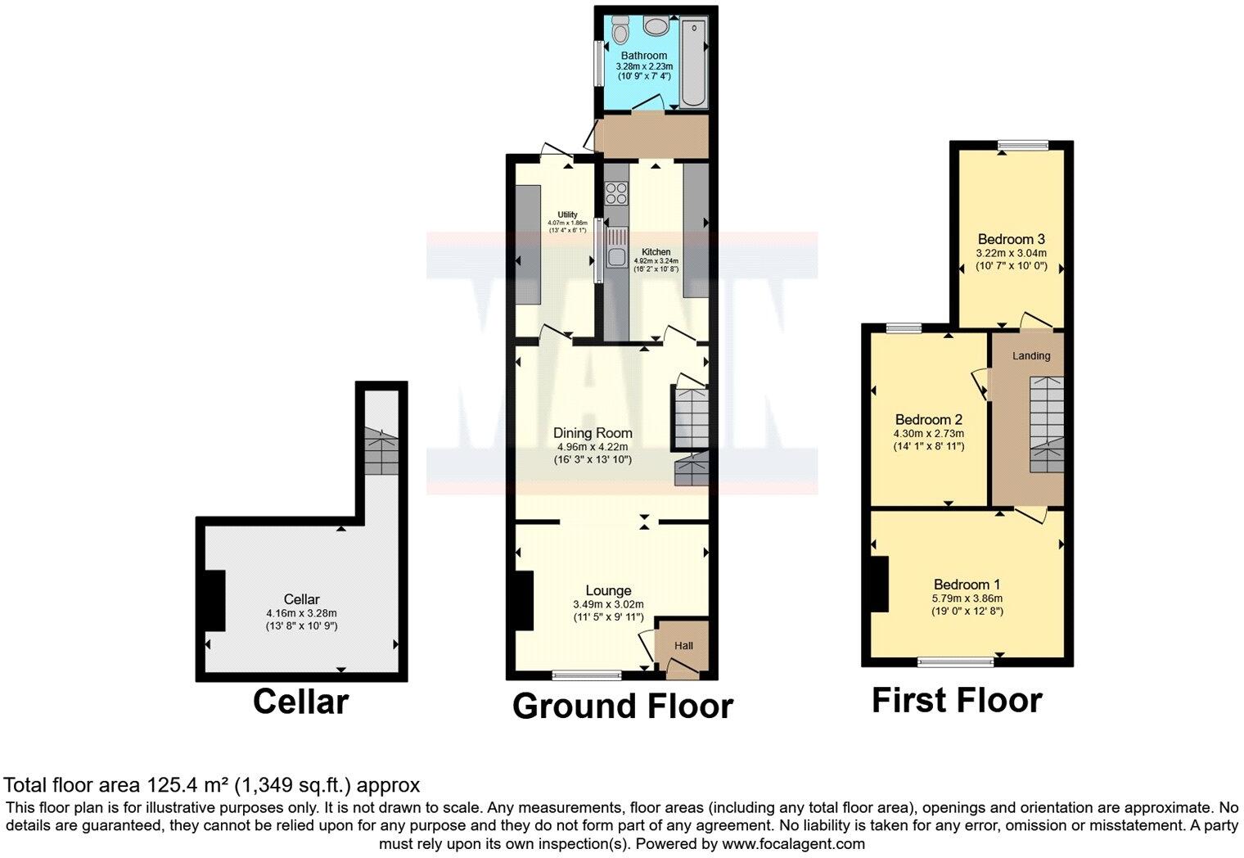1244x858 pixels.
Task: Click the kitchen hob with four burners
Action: (615, 193)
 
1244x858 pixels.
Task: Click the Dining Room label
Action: (593, 433)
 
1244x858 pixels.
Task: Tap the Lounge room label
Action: (608, 590)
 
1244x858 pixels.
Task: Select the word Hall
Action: (683, 646)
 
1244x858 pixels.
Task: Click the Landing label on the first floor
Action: (1031, 355)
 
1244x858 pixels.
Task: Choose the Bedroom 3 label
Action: (1012, 239)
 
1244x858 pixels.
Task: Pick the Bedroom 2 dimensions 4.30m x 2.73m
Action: (928, 434)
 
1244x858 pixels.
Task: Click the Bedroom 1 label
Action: (967, 585)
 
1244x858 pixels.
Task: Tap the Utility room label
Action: (567, 214)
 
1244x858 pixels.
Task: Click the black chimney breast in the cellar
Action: (214, 600)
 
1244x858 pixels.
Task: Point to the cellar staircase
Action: (381, 451)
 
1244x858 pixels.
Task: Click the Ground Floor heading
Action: (622, 706)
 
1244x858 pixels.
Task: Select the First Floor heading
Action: (957, 701)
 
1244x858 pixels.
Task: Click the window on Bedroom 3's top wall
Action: (1022, 146)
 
